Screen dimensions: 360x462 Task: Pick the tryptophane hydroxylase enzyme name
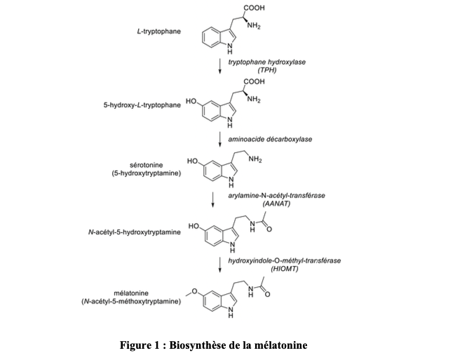click(267, 62)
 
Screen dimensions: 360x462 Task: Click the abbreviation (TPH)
click(267, 71)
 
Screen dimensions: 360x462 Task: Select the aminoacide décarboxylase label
click(270, 139)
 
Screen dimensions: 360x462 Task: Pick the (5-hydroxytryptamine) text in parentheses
click(146, 173)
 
